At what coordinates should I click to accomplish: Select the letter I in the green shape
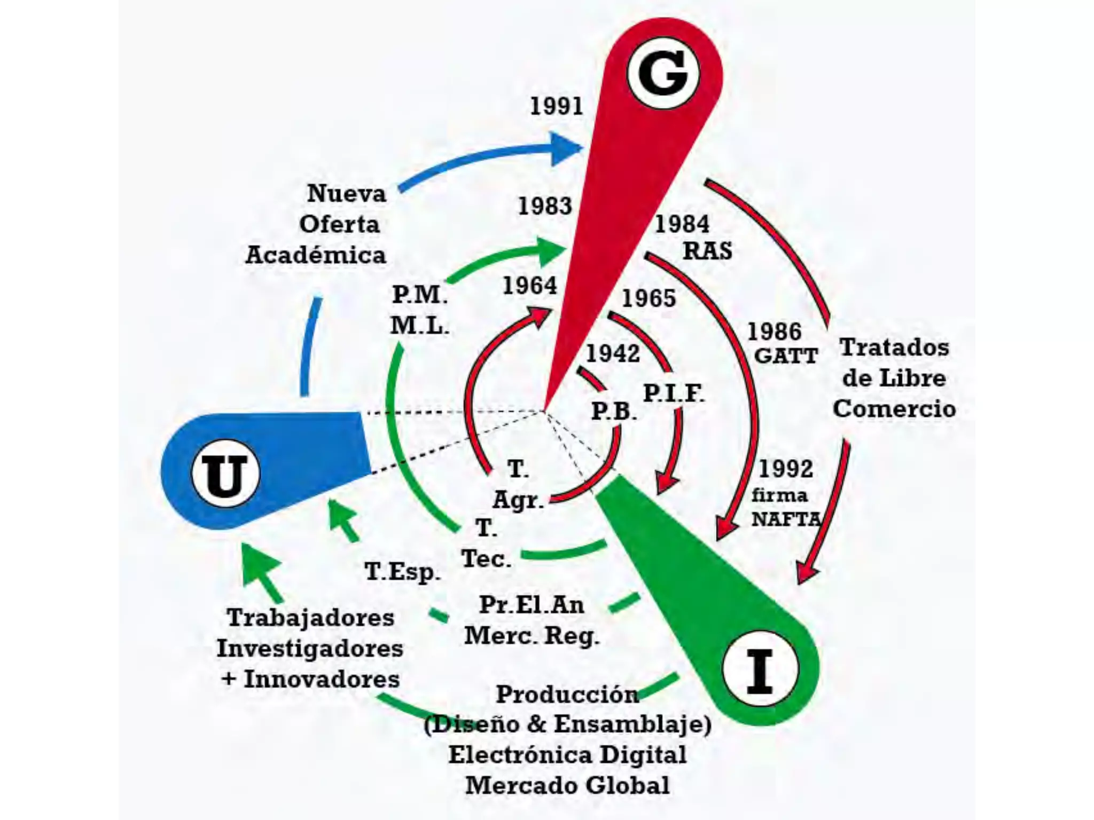tap(759, 670)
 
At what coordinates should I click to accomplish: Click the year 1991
tap(556, 106)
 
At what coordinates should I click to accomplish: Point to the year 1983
tap(545, 206)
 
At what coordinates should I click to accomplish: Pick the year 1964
tap(529, 286)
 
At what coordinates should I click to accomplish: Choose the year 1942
tap(613, 353)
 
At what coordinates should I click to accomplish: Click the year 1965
tap(648, 298)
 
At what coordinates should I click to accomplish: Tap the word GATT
tap(785, 356)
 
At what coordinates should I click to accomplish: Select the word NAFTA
tap(786, 519)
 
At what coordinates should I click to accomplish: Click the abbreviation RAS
tap(707, 251)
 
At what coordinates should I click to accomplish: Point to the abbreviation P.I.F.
tap(674, 394)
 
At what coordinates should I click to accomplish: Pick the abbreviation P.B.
tap(614, 412)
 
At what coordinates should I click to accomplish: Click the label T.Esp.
tap(403, 572)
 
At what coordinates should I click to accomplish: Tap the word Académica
tap(316, 255)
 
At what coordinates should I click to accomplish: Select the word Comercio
tap(894, 409)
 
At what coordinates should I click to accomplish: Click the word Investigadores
tap(310, 649)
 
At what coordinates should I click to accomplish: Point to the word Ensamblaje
tap(632, 724)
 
